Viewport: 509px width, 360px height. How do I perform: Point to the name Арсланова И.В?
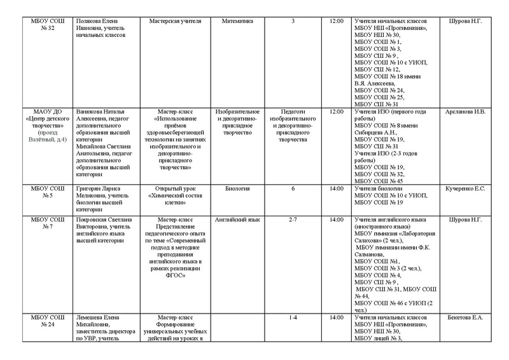point(466,112)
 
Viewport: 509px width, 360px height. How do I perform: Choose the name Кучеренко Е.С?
point(466,188)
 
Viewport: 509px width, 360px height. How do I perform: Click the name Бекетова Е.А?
point(466,316)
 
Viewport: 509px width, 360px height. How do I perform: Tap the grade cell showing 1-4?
point(293,316)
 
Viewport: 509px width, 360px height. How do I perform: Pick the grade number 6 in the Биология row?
point(293,188)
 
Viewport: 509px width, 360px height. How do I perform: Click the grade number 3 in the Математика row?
point(293,21)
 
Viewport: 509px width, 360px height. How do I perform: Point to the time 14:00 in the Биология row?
point(337,188)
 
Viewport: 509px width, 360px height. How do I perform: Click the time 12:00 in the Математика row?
point(337,21)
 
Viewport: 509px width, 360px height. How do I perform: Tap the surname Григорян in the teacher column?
point(90,188)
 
